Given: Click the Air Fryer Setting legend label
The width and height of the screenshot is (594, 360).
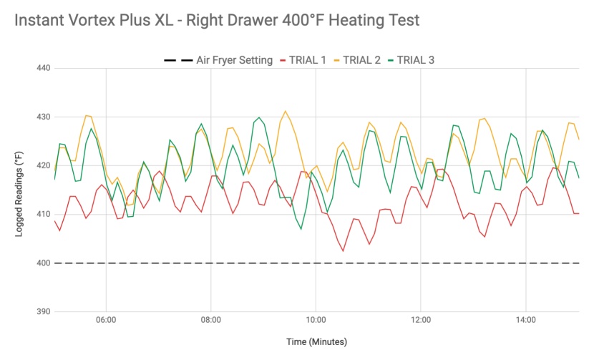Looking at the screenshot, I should point(235,60).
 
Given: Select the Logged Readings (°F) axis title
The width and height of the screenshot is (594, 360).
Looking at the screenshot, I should point(21,190).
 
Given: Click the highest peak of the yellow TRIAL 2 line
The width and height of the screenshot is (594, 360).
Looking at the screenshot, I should point(286,111).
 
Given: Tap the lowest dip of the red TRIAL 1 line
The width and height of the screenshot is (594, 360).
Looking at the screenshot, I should point(343,250).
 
